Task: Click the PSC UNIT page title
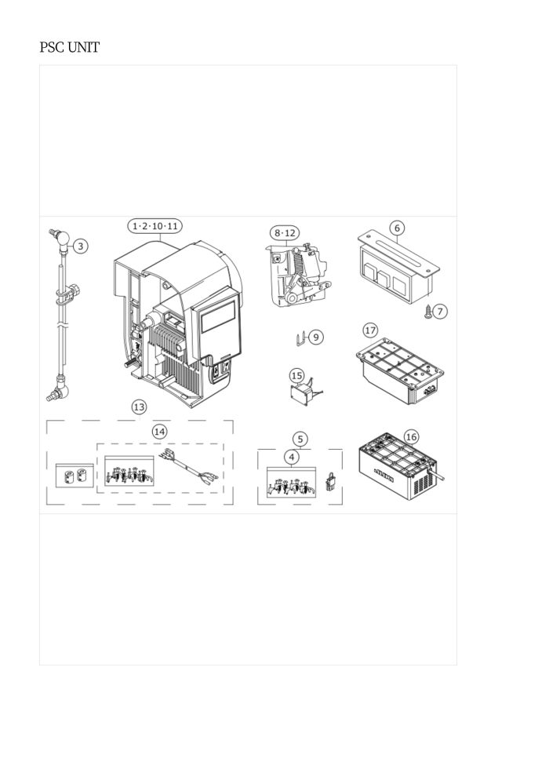pos(69,48)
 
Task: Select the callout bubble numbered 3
pos(81,246)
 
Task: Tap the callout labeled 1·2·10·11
pos(155,227)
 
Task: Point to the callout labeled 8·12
pos(285,233)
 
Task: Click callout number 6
pos(397,228)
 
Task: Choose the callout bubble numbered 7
pos(440,312)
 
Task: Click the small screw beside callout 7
pos(428,312)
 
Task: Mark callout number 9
pos(316,337)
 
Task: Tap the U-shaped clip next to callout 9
pos(300,339)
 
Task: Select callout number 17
pos(370,330)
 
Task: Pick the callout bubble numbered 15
pos(296,376)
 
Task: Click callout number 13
pos(139,407)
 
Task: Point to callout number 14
pos(159,432)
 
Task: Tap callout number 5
pos(300,439)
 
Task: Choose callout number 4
pos(292,457)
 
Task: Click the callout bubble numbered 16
pos(412,437)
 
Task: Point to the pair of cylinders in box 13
pos(75,476)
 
